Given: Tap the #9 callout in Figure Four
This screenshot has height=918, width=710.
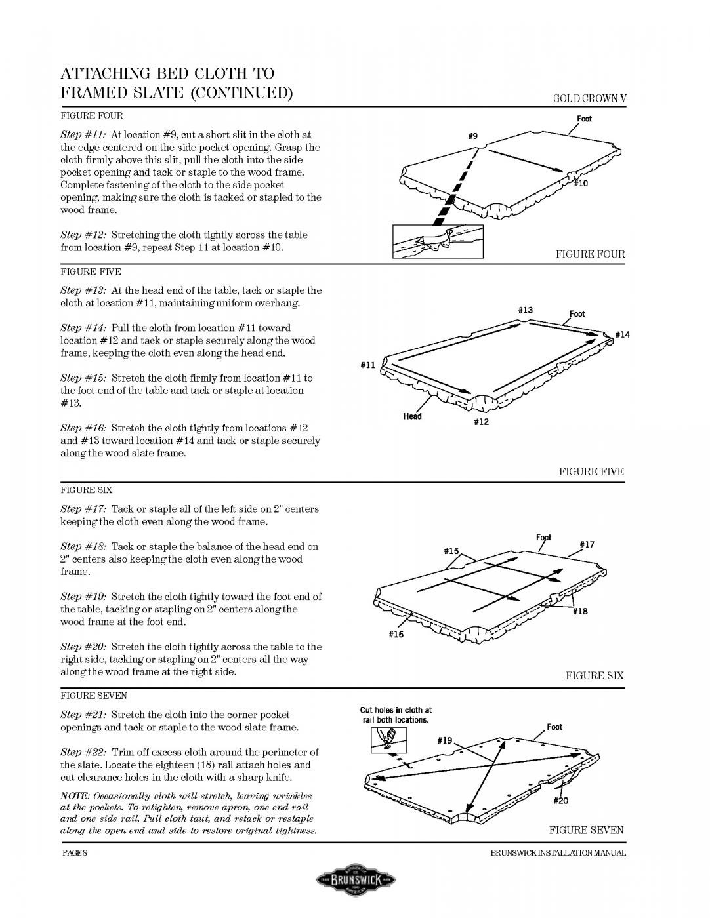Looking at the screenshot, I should (472, 136).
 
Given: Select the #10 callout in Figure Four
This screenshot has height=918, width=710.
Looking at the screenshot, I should (581, 183).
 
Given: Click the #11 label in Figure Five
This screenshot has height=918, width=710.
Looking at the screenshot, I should (368, 365).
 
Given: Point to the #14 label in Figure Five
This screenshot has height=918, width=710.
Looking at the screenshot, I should (622, 334).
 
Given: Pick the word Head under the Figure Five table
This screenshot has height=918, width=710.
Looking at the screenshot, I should (412, 416).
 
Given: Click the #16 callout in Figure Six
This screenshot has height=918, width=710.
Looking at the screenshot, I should (396, 634).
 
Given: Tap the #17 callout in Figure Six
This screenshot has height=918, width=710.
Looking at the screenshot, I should (587, 544).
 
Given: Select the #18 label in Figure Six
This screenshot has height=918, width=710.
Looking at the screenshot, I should (580, 611).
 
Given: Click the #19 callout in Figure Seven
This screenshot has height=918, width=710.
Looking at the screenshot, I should (445, 740).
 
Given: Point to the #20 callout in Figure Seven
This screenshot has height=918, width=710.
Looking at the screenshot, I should (560, 801).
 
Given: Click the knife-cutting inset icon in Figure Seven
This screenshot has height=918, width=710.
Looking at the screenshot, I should (384, 740).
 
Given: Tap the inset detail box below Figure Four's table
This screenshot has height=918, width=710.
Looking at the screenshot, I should (438, 241).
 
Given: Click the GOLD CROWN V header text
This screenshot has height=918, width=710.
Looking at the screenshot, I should (589, 99).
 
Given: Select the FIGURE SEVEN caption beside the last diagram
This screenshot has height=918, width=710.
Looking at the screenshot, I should (586, 830).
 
